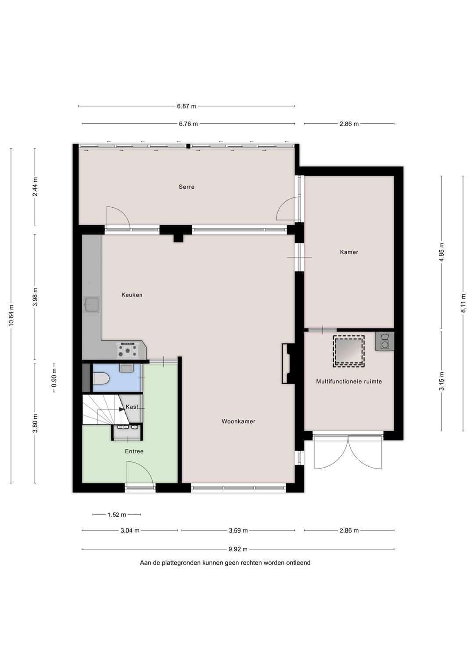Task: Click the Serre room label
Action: click(x=187, y=187)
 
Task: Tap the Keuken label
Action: click(x=132, y=295)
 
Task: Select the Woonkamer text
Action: click(x=238, y=421)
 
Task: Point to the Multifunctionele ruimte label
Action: click(x=349, y=382)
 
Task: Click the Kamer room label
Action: click(x=349, y=252)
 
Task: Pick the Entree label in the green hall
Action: click(x=134, y=451)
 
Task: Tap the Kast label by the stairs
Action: click(x=132, y=407)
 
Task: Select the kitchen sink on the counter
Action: click(x=92, y=305)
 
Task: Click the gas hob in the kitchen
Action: click(x=129, y=350)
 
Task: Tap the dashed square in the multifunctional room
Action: click(x=348, y=351)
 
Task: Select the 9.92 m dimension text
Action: click(x=238, y=549)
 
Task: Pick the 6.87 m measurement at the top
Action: click(x=187, y=106)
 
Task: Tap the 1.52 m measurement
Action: click(x=117, y=515)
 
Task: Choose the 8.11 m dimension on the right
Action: click(x=463, y=303)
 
